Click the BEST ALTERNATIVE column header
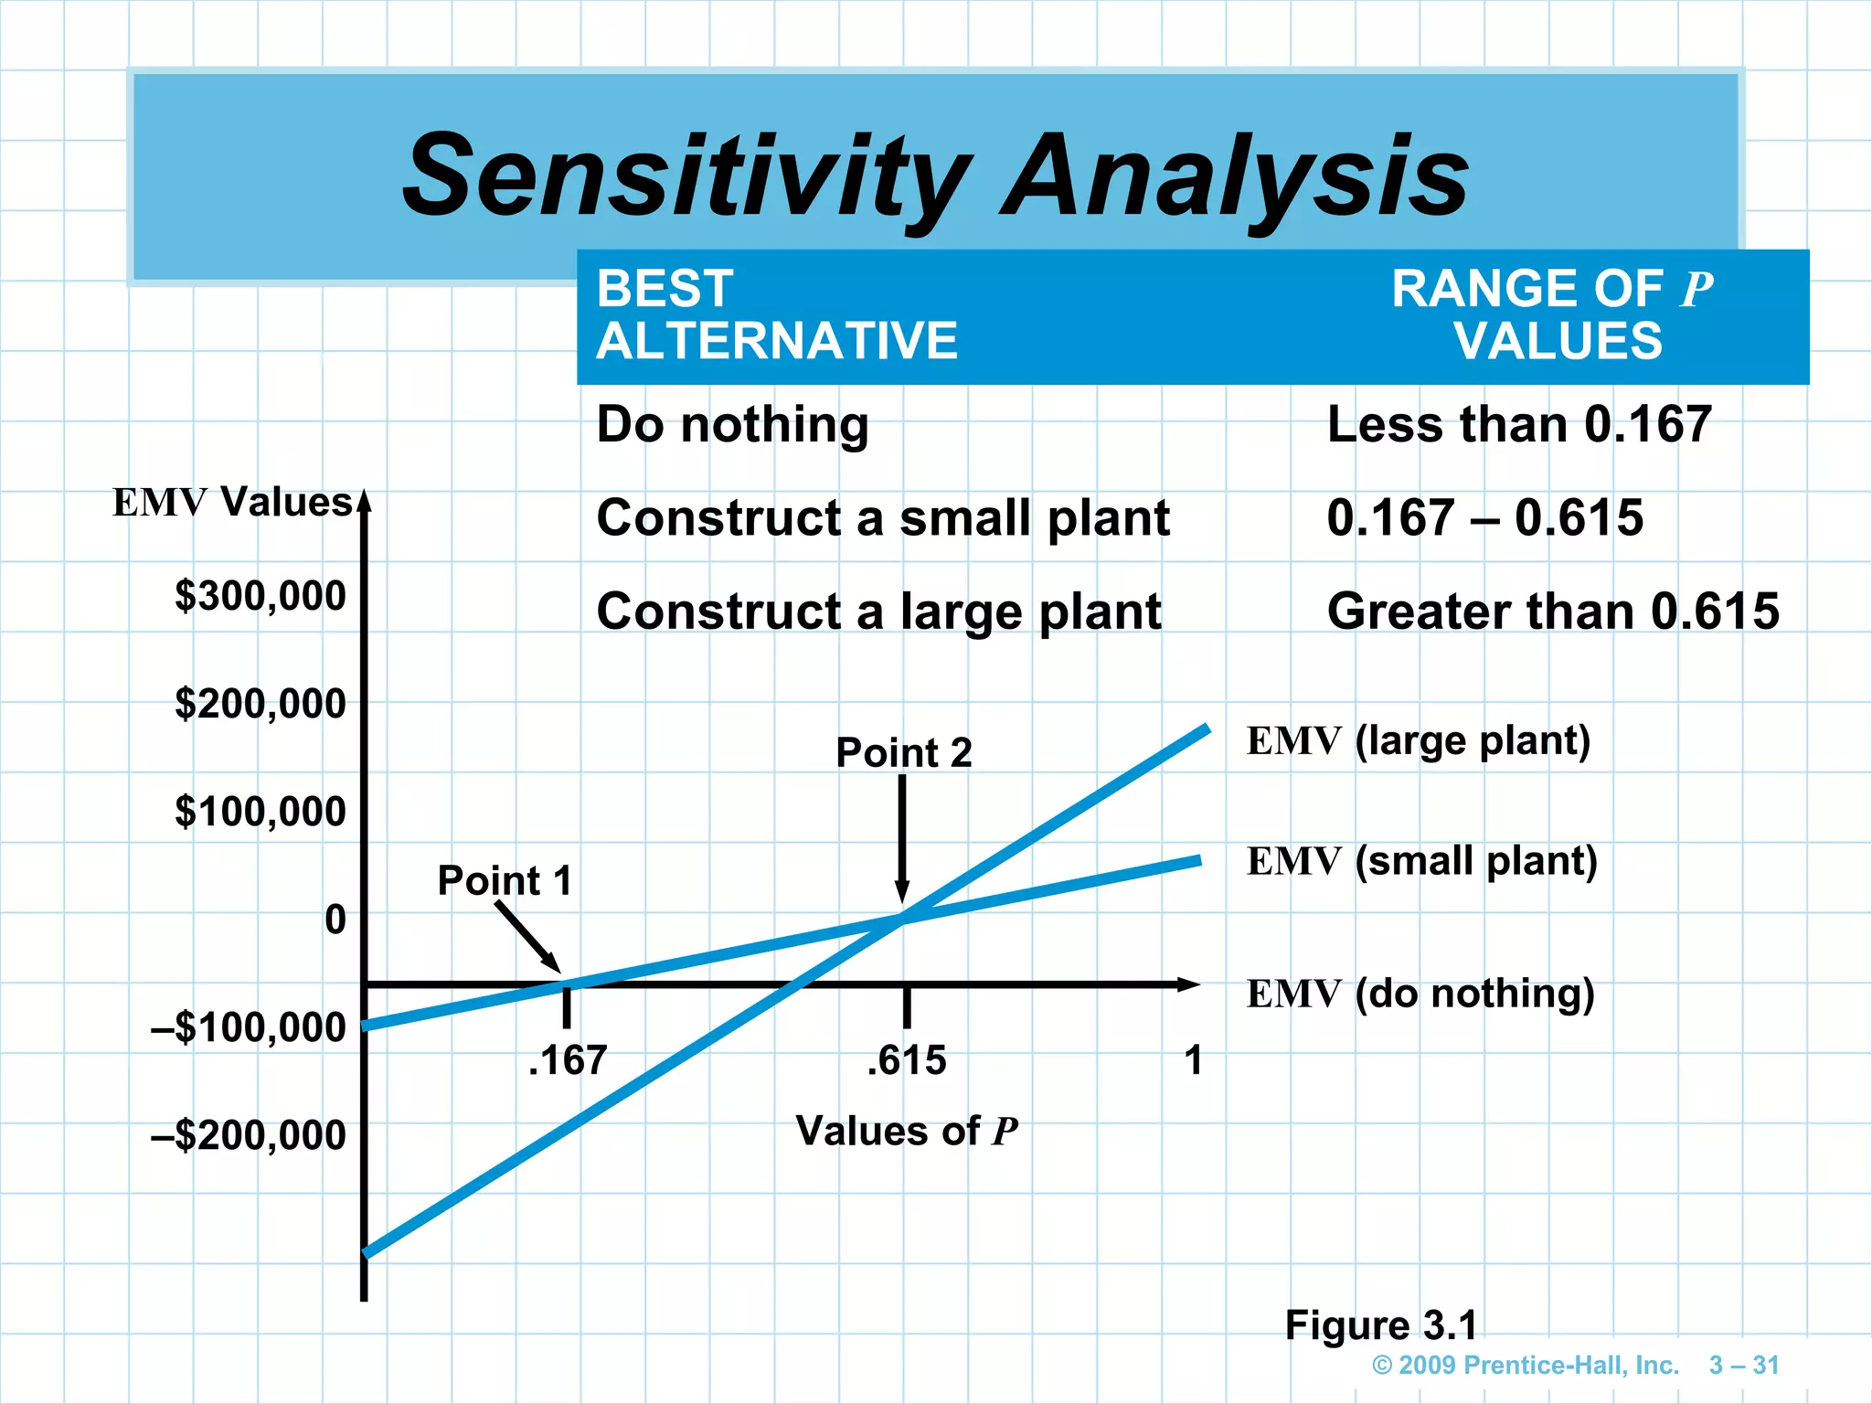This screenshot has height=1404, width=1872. coord(776,314)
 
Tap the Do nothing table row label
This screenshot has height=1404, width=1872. coord(732,425)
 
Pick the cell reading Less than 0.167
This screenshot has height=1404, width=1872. coord(1518,425)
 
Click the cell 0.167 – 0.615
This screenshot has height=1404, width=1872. coord(1484,518)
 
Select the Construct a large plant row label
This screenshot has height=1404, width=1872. coord(878,612)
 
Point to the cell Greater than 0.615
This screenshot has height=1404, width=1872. coord(1552,612)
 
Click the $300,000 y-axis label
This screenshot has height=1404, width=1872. coord(261,596)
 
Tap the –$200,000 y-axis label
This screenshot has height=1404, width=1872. coord(249,1135)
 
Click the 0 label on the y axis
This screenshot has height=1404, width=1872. coord(335,920)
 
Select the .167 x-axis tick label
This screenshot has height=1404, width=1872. coord(568,1061)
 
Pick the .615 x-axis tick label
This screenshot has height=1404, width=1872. coord(907,1061)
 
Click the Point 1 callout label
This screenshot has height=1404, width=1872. coord(505,881)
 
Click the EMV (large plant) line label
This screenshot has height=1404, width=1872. coord(1418,741)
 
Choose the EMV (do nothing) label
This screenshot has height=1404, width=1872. coord(1420,994)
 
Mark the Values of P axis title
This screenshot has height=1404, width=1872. coord(906,1132)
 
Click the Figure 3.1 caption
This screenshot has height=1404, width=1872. coord(1380,1325)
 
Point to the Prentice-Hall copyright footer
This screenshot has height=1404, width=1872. coord(1525,1366)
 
